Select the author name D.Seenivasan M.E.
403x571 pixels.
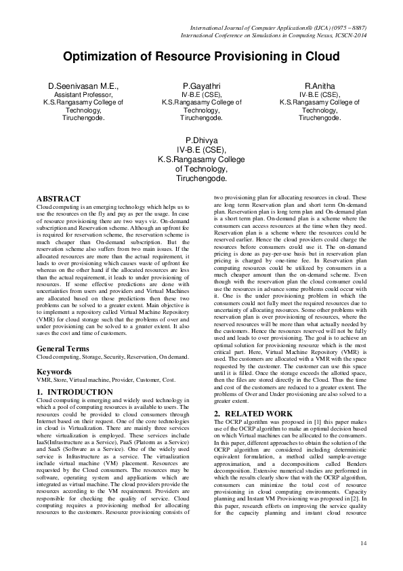(x=83, y=87)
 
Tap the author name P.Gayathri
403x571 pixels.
(x=202, y=87)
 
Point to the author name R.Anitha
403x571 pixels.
(x=319, y=87)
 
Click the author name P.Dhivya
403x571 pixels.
(x=201, y=141)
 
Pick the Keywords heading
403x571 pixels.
(x=54, y=372)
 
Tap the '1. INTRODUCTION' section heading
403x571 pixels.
(x=75, y=392)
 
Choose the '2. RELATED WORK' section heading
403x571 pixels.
(x=249, y=413)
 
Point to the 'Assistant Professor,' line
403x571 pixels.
(x=83, y=96)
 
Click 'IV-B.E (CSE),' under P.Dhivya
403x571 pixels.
(x=201, y=151)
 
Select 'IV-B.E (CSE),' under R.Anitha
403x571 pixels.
(x=319, y=96)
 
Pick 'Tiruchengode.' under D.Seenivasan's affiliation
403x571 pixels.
(x=83, y=117)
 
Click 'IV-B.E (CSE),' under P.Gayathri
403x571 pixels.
(x=202, y=96)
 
